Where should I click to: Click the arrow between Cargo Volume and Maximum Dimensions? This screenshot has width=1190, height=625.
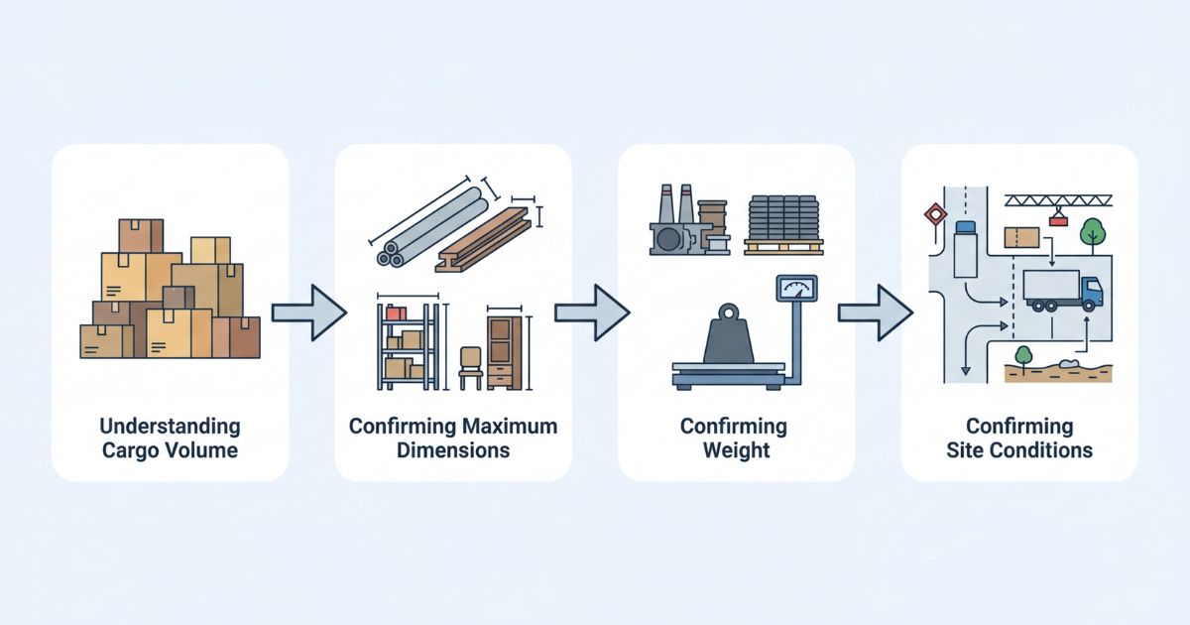point(308,312)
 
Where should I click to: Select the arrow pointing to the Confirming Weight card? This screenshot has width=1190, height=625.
point(592,312)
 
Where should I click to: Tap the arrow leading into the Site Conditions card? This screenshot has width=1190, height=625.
point(875,312)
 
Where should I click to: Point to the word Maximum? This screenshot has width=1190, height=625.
point(509,427)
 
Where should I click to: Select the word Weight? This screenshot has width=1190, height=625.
point(735,449)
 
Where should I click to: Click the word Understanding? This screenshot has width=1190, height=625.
point(170,427)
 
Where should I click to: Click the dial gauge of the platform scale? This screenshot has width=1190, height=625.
point(797,287)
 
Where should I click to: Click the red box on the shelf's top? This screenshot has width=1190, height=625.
point(397,313)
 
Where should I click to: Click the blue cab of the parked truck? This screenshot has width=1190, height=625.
point(1090,291)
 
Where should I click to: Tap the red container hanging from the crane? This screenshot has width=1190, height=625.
point(1058,220)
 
